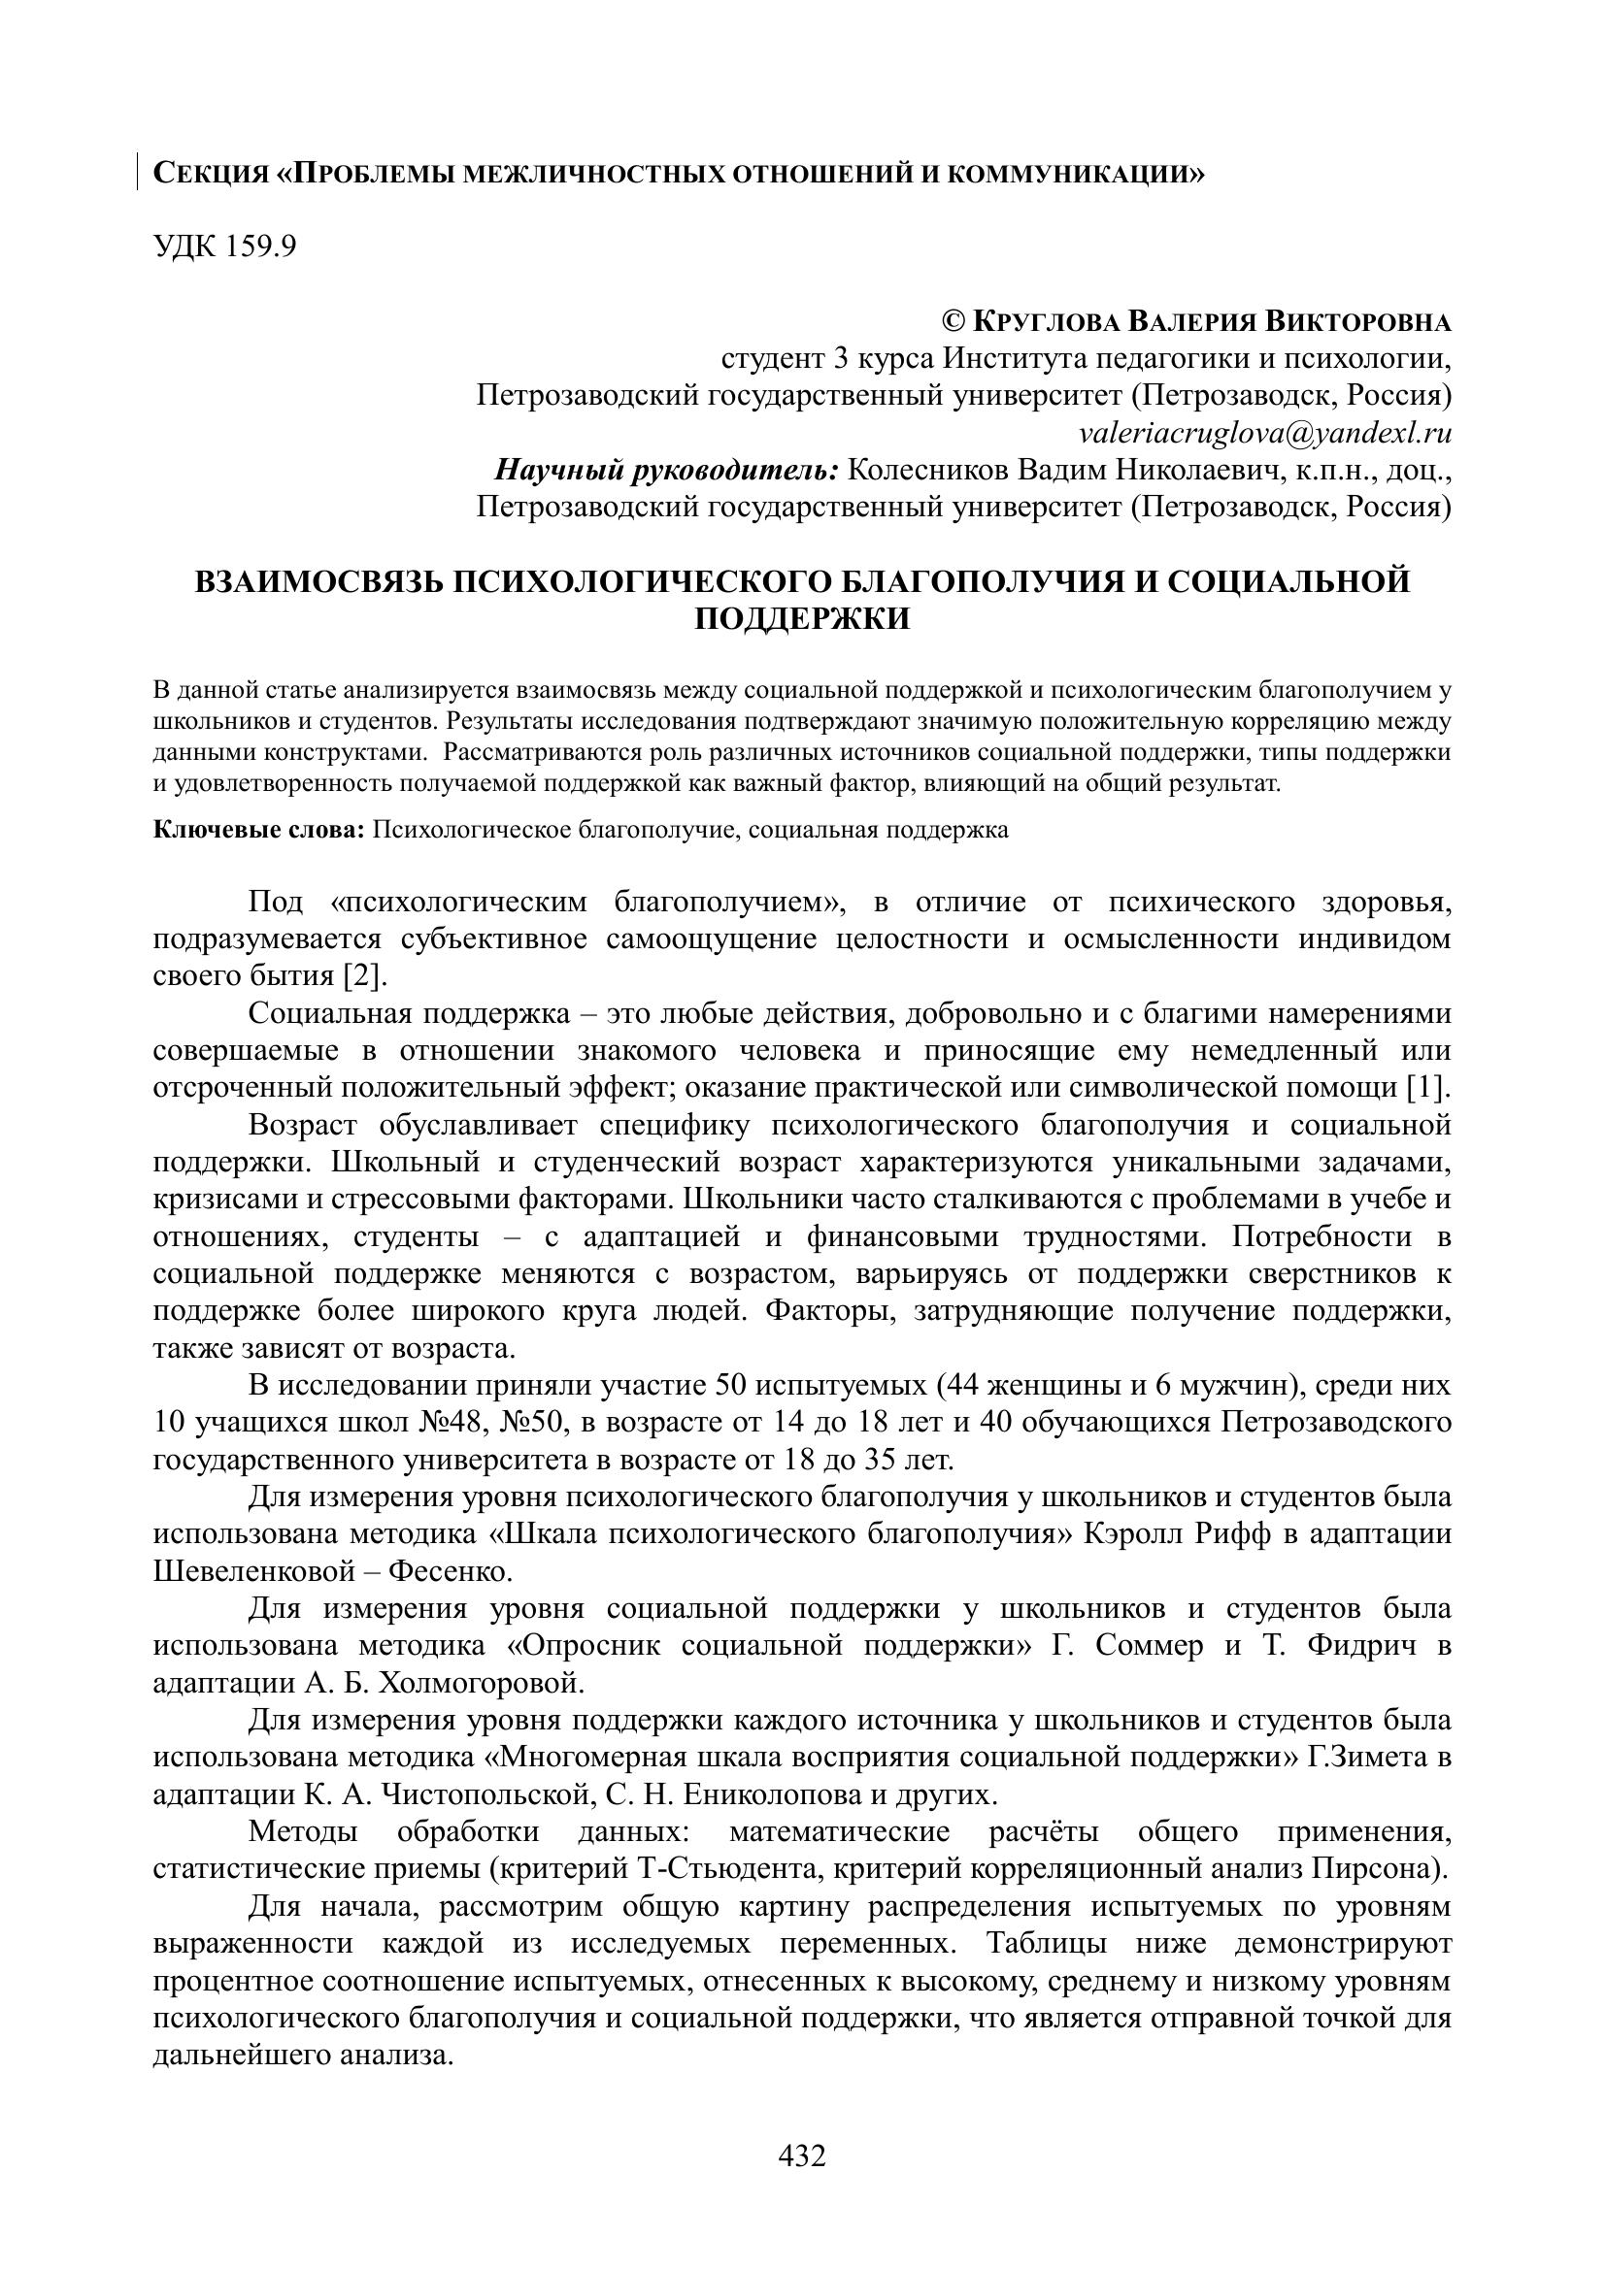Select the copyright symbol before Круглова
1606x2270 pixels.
pos(954,321)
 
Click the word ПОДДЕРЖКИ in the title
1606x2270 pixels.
pos(802,619)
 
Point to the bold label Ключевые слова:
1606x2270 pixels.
pos(259,829)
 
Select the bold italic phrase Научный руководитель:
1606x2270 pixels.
pos(666,470)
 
